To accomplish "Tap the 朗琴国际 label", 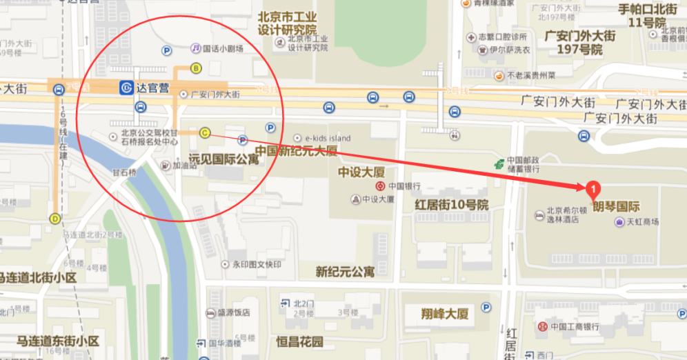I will (x=617, y=206).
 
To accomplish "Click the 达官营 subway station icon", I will (x=126, y=88).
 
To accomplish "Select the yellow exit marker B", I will (x=196, y=68).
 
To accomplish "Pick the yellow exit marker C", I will (x=205, y=132).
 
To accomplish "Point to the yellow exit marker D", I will (x=55, y=219).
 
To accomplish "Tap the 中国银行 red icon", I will (x=379, y=186).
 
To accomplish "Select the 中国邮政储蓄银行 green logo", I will (x=499, y=164).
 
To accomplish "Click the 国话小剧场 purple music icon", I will (x=196, y=48).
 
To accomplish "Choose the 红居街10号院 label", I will (x=451, y=205).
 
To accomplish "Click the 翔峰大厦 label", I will (x=445, y=314).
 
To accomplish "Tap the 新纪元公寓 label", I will (x=345, y=271).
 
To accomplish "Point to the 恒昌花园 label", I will (x=299, y=341).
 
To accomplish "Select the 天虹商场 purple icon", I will (x=619, y=221).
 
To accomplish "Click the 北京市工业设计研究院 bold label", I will (x=287, y=23).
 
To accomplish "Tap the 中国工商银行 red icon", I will (x=543, y=326).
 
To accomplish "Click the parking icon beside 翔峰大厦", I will (x=486, y=308).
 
